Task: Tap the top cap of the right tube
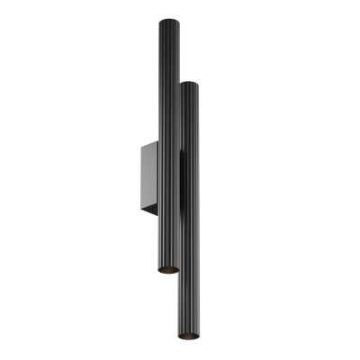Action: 189,85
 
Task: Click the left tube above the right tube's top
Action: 166,49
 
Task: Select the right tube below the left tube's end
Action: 192,306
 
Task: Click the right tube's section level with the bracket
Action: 190,180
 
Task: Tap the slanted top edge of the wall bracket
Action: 148,143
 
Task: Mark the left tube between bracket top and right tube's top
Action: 166,112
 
